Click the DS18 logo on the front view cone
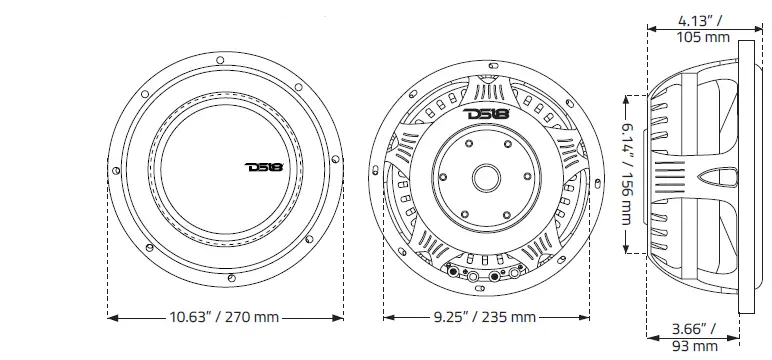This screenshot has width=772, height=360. coord(264,166)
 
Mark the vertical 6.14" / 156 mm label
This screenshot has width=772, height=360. coord(627,175)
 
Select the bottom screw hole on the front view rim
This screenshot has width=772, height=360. coord(230,276)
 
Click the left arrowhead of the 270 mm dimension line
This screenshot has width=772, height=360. coord(110,317)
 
